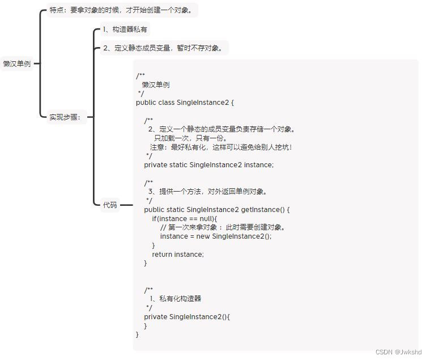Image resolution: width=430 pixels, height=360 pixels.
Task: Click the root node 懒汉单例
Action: click(x=17, y=64)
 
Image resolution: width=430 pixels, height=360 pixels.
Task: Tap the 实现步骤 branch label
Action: click(x=65, y=117)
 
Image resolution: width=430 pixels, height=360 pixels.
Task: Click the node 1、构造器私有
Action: click(x=125, y=29)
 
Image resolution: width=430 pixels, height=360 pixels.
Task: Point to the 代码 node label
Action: click(x=110, y=205)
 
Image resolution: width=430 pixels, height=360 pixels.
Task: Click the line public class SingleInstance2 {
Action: click(x=185, y=103)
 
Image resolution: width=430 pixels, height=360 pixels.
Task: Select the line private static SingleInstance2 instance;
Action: click(x=208, y=165)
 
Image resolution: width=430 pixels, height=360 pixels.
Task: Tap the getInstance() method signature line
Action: click(x=217, y=210)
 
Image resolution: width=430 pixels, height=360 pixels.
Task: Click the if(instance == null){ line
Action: click(x=185, y=218)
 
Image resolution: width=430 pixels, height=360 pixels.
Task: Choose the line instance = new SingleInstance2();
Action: click(x=216, y=236)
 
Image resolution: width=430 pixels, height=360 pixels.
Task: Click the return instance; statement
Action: click(x=177, y=255)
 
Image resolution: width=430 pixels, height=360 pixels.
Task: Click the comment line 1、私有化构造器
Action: click(x=175, y=298)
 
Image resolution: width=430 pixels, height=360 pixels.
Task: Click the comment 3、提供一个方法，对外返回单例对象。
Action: click(x=207, y=192)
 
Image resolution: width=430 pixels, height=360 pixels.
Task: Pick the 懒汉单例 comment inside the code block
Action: click(x=156, y=85)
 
